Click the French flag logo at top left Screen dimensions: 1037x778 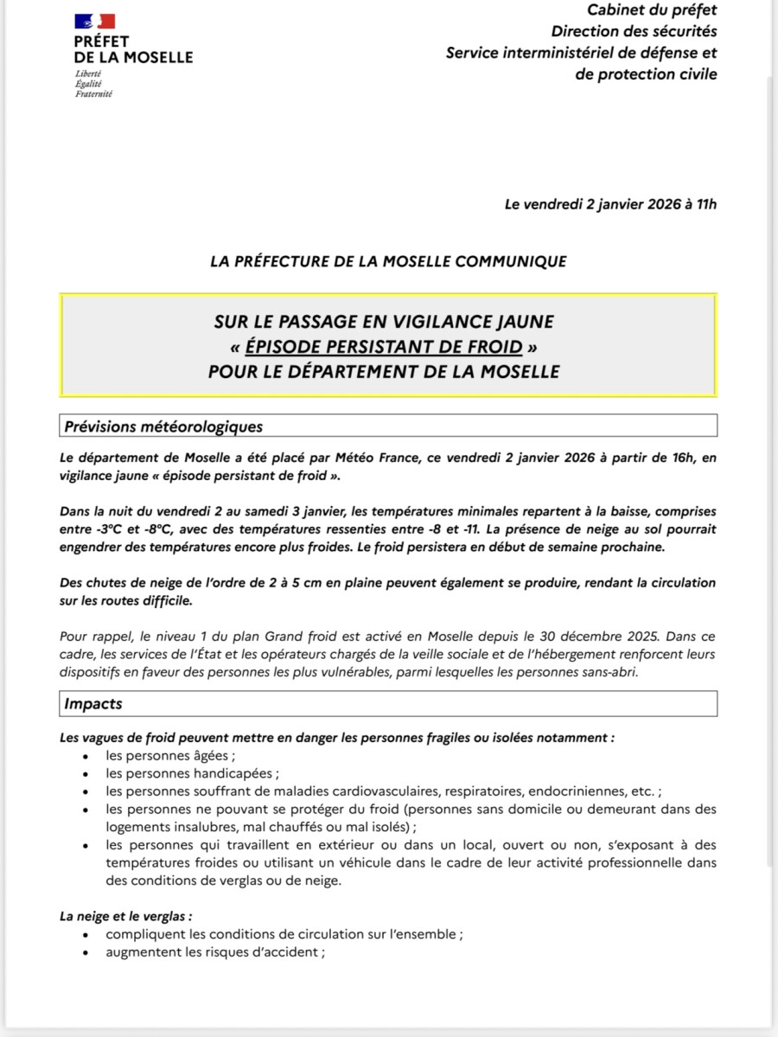coord(95,21)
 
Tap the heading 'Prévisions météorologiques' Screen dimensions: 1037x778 coord(163,426)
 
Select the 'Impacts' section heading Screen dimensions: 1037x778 coord(93,704)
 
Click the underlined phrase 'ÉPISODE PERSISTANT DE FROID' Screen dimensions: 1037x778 coord(384,347)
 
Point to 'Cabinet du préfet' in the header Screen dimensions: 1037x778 coord(652,10)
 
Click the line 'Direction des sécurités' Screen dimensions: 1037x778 coord(634,31)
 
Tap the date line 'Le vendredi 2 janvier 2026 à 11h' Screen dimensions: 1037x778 coord(610,204)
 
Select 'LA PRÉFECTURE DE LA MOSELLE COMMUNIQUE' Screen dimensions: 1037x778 coord(388,260)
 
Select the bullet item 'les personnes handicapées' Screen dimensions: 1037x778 coord(190,773)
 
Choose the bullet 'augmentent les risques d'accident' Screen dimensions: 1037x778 coord(214,952)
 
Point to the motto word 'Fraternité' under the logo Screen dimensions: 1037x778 coord(93,93)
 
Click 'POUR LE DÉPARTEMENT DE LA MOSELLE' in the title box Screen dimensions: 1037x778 coord(384,372)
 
